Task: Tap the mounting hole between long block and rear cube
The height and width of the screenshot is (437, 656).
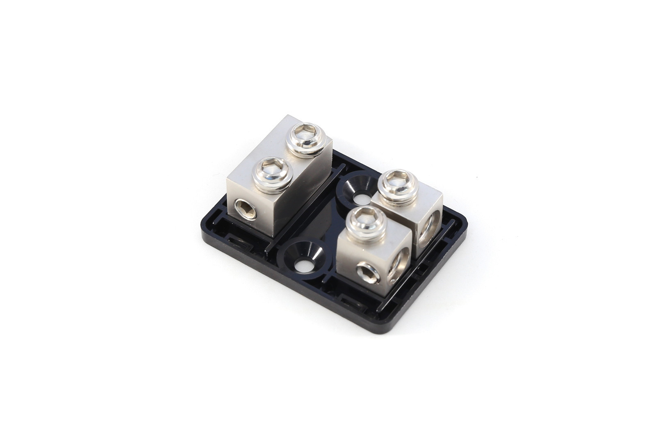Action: point(362,200)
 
